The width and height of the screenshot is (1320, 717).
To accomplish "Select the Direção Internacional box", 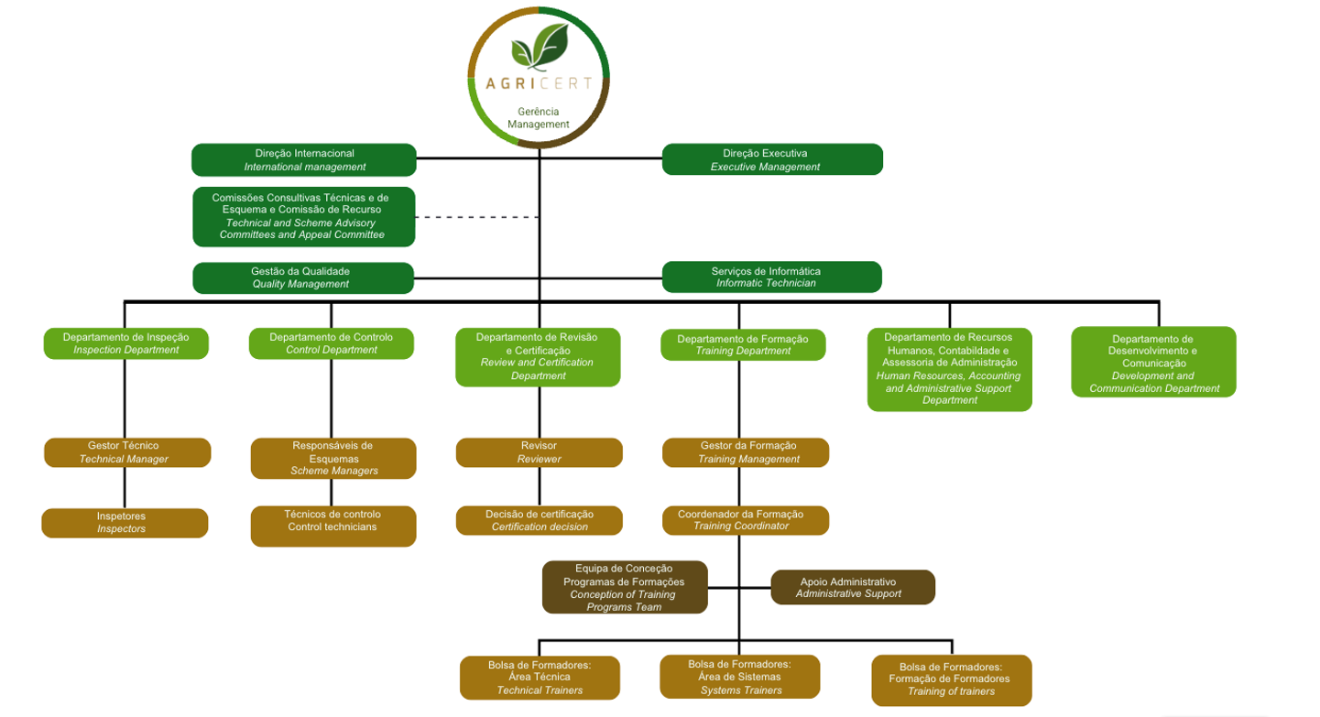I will (x=304, y=159).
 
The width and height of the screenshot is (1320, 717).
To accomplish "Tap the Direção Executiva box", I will (x=771, y=159).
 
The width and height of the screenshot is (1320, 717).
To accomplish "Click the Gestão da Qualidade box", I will (x=302, y=277).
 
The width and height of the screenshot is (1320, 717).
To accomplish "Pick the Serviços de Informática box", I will (x=771, y=277).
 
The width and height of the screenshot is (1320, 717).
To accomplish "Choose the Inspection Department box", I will (x=126, y=343).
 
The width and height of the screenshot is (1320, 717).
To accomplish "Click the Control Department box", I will (x=332, y=343).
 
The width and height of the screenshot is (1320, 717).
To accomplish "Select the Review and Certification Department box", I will (x=538, y=356).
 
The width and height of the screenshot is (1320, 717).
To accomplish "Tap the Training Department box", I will (x=743, y=344).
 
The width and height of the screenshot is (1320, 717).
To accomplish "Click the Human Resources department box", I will (x=949, y=369).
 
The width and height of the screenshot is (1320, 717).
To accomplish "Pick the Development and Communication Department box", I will (x=1153, y=363).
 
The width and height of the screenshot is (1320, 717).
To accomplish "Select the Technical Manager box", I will (x=127, y=452).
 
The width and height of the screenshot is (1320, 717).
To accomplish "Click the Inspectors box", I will (x=125, y=523).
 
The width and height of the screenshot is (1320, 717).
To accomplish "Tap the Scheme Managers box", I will (x=333, y=458).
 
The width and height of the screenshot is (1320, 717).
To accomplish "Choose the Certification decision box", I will (x=539, y=520).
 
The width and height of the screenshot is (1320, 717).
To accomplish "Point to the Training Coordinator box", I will (x=746, y=520).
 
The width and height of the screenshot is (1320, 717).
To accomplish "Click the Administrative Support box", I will (x=852, y=587).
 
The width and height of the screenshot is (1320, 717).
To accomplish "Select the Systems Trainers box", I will (x=741, y=677).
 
